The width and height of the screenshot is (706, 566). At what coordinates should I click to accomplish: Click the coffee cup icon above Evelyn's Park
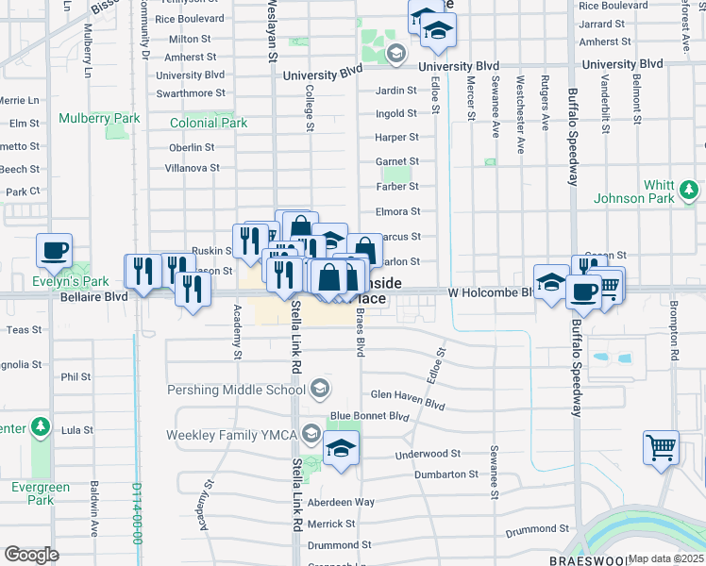[x=54, y=251]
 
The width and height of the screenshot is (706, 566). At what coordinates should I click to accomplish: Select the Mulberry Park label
[x=99, y=119]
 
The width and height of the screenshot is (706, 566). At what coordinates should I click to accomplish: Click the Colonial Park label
[x=209, y=124]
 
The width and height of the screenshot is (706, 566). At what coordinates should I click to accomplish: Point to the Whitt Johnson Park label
[x=647, y=191]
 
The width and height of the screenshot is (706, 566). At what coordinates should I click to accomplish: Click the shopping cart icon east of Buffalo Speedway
[x=661, y=447]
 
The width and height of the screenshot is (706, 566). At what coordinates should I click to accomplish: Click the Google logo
[x=32, y=555]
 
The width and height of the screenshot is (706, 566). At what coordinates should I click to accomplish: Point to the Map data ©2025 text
[x=665, y=558]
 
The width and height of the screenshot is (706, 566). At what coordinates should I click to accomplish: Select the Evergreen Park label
[x=41, y=493]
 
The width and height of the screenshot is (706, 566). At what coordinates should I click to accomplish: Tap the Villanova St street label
[x=187, y=168]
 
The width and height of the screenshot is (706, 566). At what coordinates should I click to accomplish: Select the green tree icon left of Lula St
[x=41, y=428]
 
